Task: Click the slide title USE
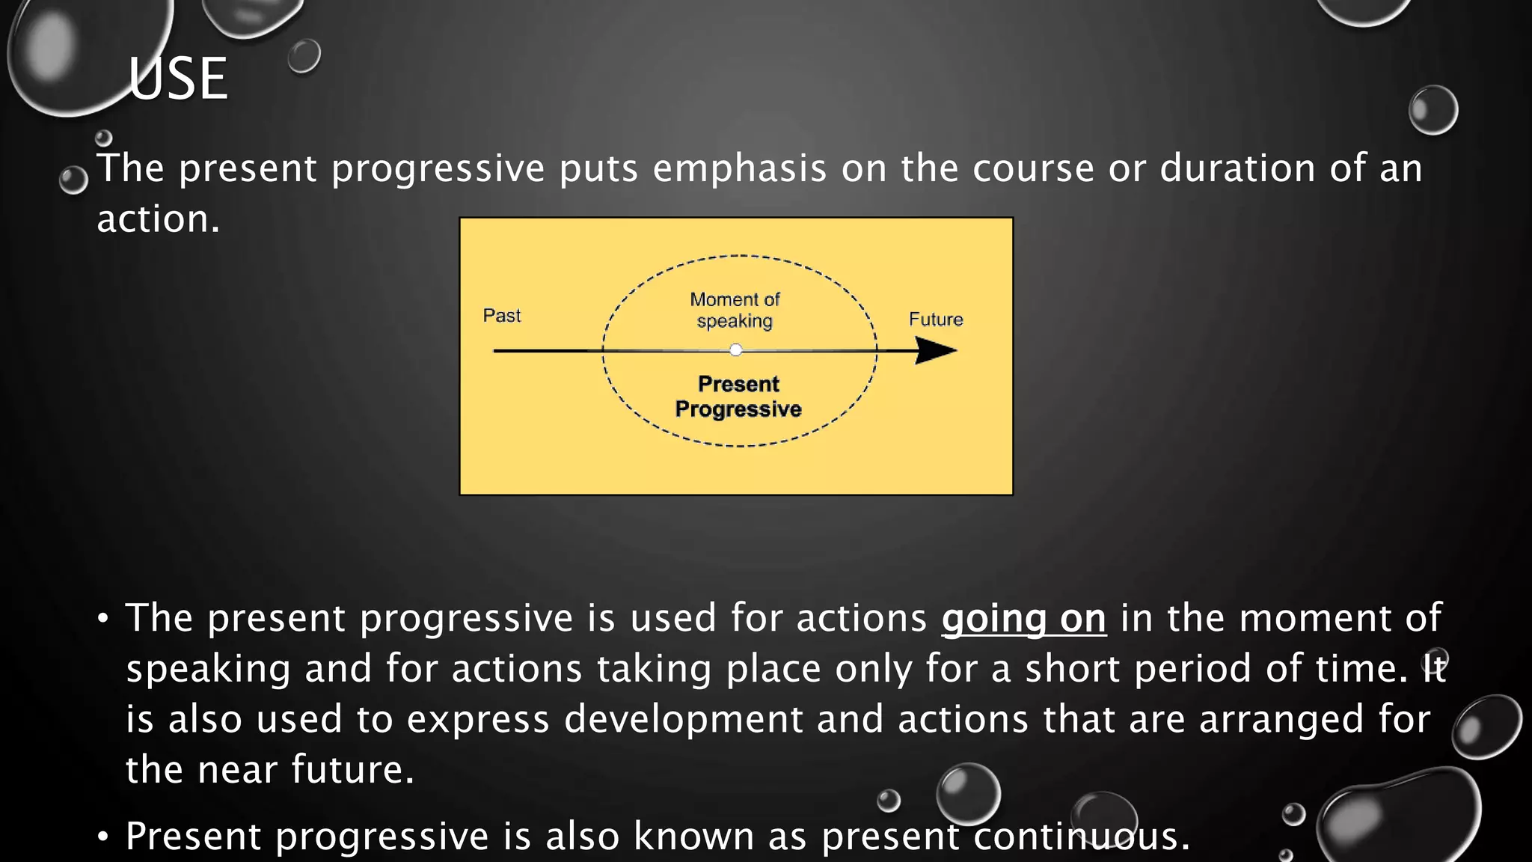click(x=177, y=79)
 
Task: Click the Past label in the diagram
click(x=501, y=316)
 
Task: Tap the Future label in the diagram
click(x=935, y=320)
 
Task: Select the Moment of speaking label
click(x=735, y=310)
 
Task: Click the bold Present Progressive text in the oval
click(x=738, y=397)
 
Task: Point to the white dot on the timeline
click(x=736, y=350)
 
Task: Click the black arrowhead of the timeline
click(x=935, y=350)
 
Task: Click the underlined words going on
click(x=1023, y=619)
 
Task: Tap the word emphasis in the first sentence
click(x=739, y=168)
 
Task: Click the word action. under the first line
click(x=159, y=219)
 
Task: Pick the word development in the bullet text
click(x=682, y=719)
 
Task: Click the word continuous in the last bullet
click(x=1080, y=837)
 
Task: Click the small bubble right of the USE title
click(x=304, y=56)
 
